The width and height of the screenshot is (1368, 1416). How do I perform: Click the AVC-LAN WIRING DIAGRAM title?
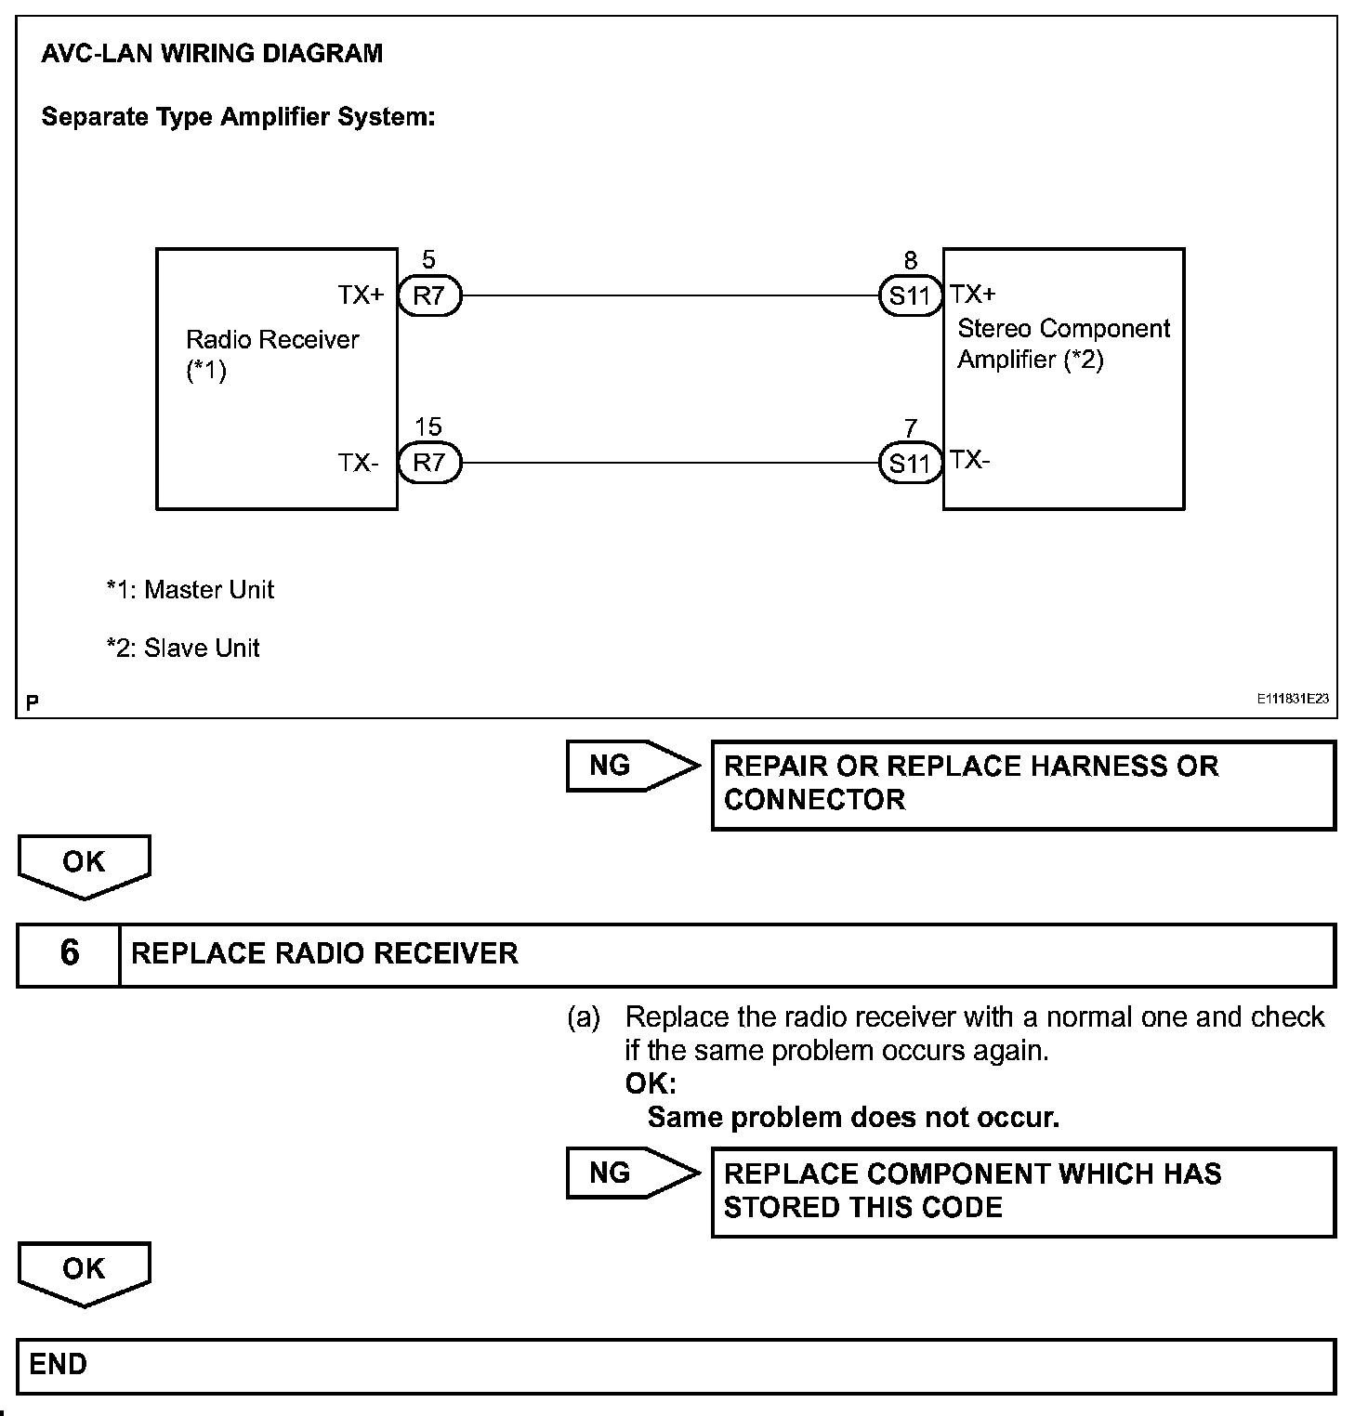pyautogui.click(x=212, y=53)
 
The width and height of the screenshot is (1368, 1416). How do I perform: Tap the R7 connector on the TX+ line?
pyautogui.click(x=429, y=296)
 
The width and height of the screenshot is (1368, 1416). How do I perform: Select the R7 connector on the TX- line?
pyautogui.click(x=429, y=463)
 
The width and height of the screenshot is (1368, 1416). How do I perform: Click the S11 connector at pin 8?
pyautogui.click(x=910, y=296)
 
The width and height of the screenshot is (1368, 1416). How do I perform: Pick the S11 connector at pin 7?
pyautogui.click(x=910, y=463)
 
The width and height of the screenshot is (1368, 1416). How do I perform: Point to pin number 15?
pyautogui.click(x=427, y=426)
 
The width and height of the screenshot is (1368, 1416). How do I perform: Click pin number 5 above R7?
pyautogui.click(x=428, y=260)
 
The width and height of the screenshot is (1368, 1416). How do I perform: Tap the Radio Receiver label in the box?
pyautogui.click(x=271, y=340)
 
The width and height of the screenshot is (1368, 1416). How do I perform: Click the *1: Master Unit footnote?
pyautogui.click(x=190, y=590)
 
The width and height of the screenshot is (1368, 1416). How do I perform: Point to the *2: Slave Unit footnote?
pyautogui.click(x=183, y=649)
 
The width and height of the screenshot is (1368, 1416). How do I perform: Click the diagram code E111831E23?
pyautogui.click(x=1294, y=700)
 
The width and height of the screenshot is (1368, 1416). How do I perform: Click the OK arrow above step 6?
pyautogui.click(x=84, y=864)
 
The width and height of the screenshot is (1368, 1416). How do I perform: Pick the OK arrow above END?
pyautogui.click(x=84, y=1271)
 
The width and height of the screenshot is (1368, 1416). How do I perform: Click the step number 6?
pyautogui.click(x=69, y=953)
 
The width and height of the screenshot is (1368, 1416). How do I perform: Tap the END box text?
pyautogui.click(x=58, y=1364)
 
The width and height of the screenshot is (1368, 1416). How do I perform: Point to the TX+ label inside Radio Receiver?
pyautogui.click(x=361, y=295)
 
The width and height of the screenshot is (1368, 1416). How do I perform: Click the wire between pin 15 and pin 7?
pyautogui.click(x=669, y=463)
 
